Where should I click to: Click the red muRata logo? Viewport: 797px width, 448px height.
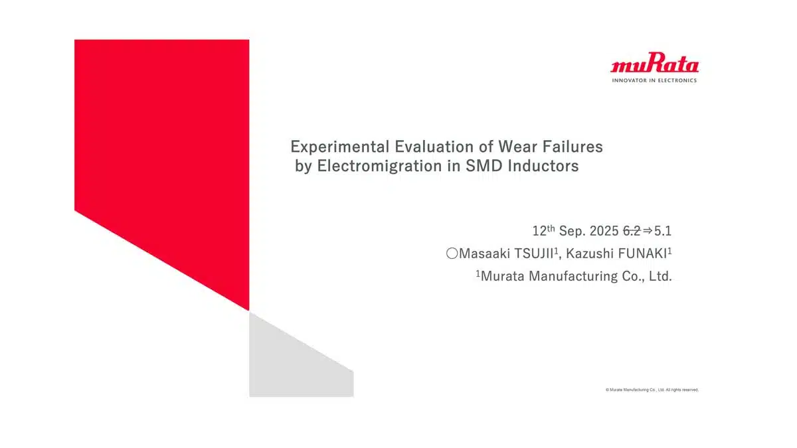(x=655, y=62)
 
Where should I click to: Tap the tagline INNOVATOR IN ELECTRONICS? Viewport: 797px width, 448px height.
(x=654, y=81)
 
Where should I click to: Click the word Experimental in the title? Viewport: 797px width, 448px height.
(x=340, y=147)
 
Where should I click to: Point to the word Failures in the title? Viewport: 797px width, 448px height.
(x=573, y=147)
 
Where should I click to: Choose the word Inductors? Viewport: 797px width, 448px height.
(x=543, y=166)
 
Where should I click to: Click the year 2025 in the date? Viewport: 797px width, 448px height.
(x=604, y=231)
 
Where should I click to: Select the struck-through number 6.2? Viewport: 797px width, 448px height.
(x=632, y=231)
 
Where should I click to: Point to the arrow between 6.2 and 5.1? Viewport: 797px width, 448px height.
(x=648, y=231)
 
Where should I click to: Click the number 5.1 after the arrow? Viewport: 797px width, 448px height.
(x=663, y=231)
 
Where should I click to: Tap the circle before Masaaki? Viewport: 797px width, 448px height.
(x=452, y=254)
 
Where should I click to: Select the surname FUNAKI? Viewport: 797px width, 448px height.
(x=642, y=254)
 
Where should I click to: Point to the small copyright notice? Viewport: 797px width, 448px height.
(x=652, y=390)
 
